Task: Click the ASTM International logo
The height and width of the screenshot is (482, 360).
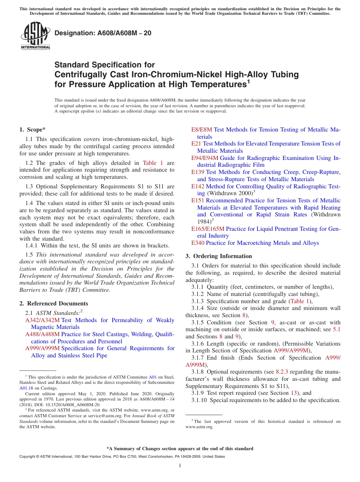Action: (x=35, y=36)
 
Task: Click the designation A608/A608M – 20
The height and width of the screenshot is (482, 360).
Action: (x=103, y=33)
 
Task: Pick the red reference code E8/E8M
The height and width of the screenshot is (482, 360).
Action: (x=202, y=130)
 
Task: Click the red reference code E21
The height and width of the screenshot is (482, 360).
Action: (x=196, y=144)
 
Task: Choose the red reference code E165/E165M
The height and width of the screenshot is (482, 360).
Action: (x=208, y=229)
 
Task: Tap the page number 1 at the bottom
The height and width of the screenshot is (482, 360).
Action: (x=180, y=465)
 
